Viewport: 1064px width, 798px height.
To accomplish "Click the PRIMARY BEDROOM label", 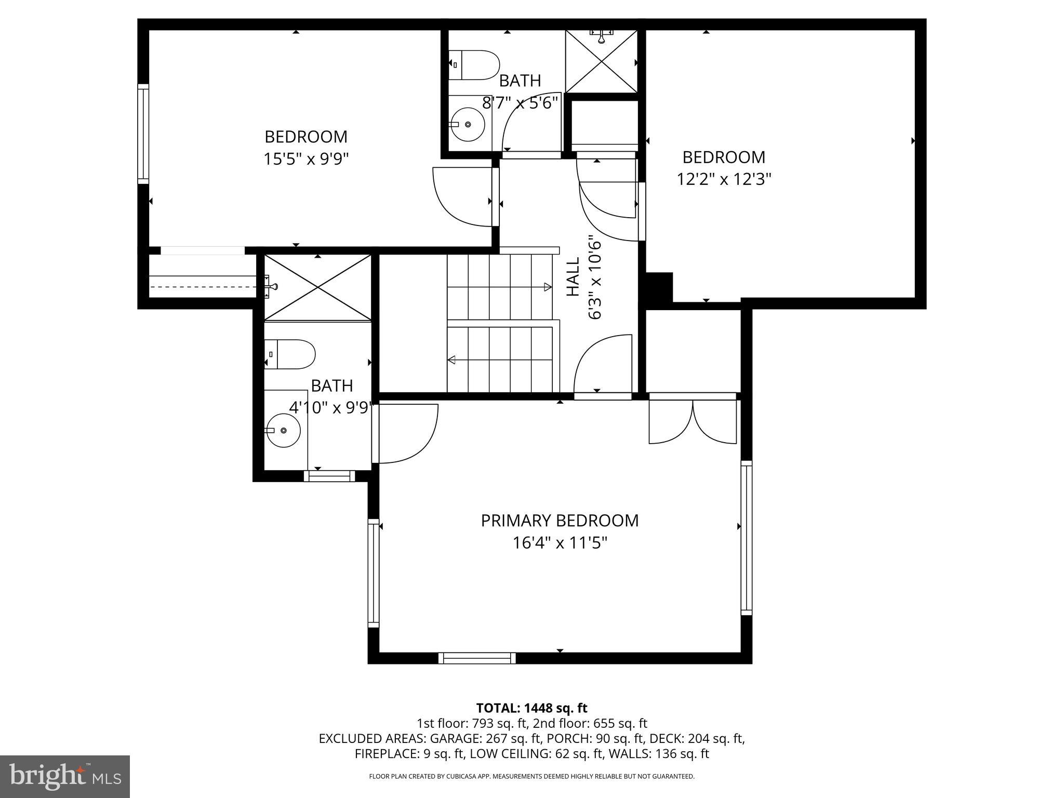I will click(x=560, y=521).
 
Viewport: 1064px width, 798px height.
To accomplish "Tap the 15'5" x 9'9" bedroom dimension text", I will click(x=305, y=158).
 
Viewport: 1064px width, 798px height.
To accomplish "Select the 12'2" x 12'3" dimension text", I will click(x=723, y=179).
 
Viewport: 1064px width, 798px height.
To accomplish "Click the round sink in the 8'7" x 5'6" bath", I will click(x=468, y=125).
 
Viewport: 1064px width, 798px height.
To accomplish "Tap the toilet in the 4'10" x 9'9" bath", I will click(x=290, y=354).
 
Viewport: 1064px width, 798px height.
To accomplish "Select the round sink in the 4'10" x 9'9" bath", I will click(x=283, y=431).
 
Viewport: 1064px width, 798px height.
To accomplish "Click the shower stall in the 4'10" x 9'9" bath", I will click(x=318, y=287).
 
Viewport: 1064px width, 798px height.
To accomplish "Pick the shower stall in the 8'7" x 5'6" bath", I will click(x=602, y=62).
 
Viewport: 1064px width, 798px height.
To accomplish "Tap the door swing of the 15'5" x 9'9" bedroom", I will click(x=462, y=197).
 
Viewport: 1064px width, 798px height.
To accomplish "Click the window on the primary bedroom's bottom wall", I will click(x=477, y=658).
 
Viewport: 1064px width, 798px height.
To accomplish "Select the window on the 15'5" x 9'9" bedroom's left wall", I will click(x=143, y=134).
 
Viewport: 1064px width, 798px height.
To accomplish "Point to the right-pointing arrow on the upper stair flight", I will click(x=547, y=287).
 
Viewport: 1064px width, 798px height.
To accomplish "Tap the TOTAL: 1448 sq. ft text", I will click(x=531, y=708).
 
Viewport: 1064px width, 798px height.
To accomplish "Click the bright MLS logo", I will click(x=65, y=776).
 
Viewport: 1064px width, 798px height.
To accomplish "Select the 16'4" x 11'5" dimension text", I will click(x=560, y=543).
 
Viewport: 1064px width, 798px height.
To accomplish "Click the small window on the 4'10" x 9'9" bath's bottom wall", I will click(x=329, y=475).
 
